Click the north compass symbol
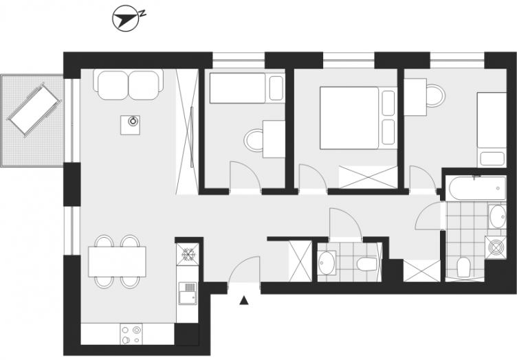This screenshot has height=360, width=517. [x=125, y=19]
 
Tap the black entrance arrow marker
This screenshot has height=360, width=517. [x=243, y=300]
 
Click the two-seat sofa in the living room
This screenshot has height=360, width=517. [x=129, y=85]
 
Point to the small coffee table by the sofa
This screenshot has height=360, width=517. [x=130, y=125]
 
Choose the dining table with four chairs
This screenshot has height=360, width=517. [x=117, y=262]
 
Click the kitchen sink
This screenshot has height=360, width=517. [x=188, y=293]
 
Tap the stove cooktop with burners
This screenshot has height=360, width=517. [x=131, y=334]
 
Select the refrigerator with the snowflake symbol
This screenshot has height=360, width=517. [x=188, y=254]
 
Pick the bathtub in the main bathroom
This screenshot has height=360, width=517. [x=477, y=188]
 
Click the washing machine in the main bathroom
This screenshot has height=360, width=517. [x=495, y=247]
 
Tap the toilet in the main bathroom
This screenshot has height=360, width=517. [x=463, y=267]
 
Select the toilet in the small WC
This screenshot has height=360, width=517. [x=367, y=264]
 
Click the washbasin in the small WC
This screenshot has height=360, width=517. [x=327, y=262]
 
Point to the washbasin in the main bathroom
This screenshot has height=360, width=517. [x=497, y=216]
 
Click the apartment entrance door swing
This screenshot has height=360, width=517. [x=244, y=270]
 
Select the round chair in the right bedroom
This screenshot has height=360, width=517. [x=435, y=95]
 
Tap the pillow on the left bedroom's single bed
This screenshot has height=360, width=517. [x=276, y=88]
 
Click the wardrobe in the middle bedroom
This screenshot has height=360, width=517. [x=368, y=177]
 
